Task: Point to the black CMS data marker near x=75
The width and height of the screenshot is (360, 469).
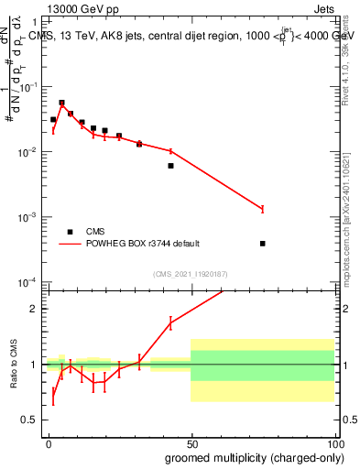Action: [263, 244]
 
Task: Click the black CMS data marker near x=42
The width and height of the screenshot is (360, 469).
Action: [170, 166]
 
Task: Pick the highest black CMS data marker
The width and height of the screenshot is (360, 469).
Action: [61, 103]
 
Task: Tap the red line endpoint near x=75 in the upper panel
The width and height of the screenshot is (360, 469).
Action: [263, 210]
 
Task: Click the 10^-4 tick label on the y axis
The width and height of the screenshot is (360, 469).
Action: [29, 282]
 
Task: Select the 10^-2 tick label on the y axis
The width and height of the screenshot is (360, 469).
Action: [29, 152]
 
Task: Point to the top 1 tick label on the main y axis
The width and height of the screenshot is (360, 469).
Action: [36, 21]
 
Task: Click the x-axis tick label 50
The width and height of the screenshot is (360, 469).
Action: [191, 442]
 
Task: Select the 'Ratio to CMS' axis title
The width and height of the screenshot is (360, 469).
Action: [14, 365]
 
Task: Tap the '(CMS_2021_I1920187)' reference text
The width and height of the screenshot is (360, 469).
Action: [190, 274]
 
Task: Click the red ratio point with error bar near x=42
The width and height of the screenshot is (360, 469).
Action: [170, 322]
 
